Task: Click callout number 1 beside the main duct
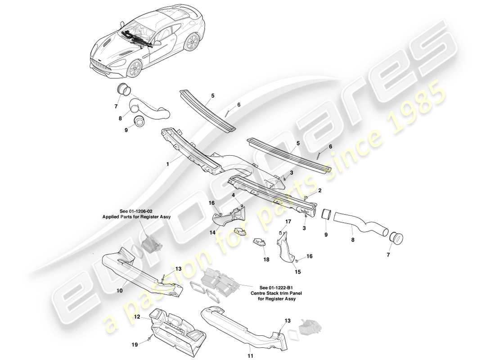(x=167, y=165)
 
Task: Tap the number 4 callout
(x=233, y=196)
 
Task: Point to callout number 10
(x=119, y=291)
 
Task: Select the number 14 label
(x=211, y=232)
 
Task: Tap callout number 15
(x=297, y=271)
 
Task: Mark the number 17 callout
(x=288, y=221)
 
